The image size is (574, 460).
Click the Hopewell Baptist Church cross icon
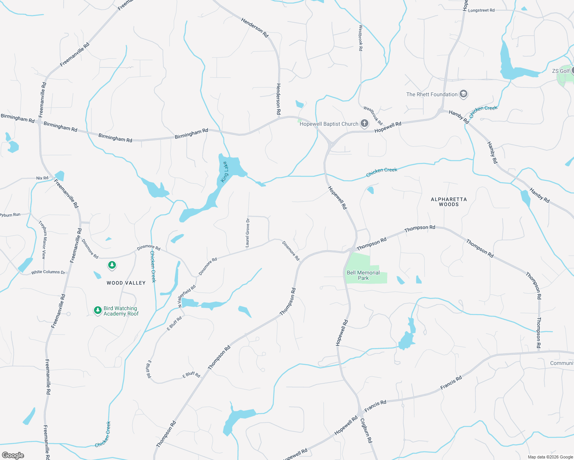(x=365, y=123)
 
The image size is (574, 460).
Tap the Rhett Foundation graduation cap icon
(x=463, y=94)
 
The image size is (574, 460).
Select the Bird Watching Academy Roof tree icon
(x=98, y=310)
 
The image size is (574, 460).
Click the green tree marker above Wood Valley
(x=112, y=265)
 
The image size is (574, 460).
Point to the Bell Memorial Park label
(x=363, y=275)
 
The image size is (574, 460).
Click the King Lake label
(x=225, y=172)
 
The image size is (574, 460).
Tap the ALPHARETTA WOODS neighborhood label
(x=449, y=202)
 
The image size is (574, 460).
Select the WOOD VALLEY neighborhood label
(x=126, y=283)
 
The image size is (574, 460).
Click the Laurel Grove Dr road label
(x=247, y=233)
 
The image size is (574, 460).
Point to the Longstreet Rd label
(x=481, y=10)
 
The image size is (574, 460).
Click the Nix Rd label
(x=42, y=178)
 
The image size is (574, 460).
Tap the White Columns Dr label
(x=48, y=272)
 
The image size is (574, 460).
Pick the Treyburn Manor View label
(x=43, y=240)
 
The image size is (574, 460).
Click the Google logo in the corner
(x=13, y=455)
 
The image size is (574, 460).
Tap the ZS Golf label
(x=561, y=71)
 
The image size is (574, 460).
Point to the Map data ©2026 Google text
(x=550, y=457)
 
